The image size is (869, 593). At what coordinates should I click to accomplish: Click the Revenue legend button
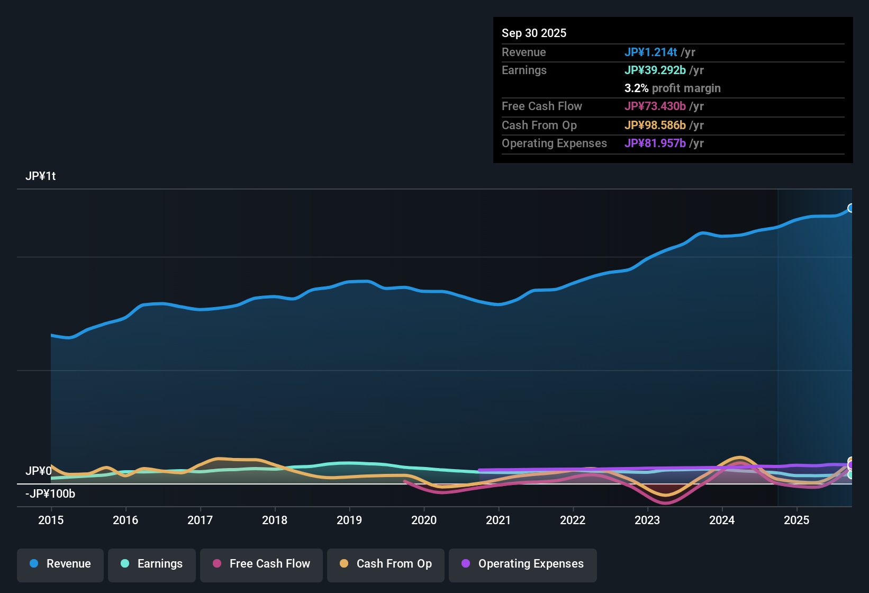60,564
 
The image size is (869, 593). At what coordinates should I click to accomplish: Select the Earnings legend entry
152,564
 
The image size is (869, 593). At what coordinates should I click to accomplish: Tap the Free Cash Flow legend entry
261,564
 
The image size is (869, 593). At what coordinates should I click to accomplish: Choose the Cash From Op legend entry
386,564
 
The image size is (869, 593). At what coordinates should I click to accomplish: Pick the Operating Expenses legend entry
523,564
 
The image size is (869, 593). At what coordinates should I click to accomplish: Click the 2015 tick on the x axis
51,520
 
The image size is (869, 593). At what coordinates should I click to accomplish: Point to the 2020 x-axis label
424,520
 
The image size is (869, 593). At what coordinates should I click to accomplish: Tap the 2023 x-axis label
647,520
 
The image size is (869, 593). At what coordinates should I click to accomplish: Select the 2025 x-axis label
796,520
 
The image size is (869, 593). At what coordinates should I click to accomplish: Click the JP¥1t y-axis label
41,176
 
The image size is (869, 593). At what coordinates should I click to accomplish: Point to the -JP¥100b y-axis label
51,494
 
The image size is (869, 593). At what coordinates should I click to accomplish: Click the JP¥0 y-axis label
38,471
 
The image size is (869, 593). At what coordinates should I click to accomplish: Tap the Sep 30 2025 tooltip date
534,33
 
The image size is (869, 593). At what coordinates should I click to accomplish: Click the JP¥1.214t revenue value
650,52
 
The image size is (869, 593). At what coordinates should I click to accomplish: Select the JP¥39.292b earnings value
655,70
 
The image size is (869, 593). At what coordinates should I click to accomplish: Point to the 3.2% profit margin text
672,88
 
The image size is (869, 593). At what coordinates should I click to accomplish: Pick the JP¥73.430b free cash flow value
655,106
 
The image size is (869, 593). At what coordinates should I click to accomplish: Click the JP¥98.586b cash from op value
655,125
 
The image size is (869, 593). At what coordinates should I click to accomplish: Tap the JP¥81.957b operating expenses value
655,143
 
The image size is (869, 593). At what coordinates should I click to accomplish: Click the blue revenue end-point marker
851,208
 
